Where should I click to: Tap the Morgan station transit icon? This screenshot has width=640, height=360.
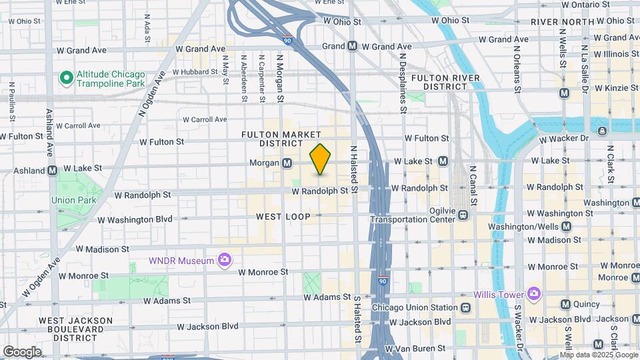287,163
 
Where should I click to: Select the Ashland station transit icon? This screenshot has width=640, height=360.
52,171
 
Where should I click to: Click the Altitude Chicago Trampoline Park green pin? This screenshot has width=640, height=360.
66,79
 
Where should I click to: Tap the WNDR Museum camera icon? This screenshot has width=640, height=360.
225,259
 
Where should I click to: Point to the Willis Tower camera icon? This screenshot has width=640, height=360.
533,293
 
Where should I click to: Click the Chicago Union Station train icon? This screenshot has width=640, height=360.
465,307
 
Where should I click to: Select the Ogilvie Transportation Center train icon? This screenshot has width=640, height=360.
463,215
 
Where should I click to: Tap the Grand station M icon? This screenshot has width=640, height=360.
352,47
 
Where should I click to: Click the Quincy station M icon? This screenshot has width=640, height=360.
565,305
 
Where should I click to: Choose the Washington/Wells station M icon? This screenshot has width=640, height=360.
566,227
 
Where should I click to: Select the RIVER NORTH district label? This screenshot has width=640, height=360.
562,22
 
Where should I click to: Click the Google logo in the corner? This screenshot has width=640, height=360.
22,352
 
